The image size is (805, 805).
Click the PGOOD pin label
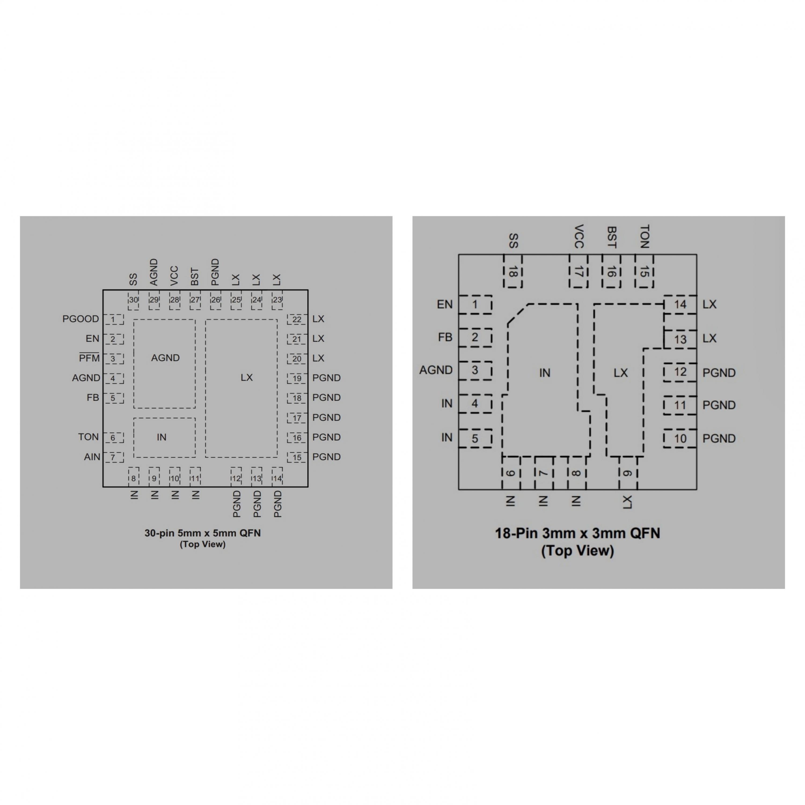[80, 319]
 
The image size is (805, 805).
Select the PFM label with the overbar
[89, 357]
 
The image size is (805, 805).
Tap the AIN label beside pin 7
[92, 457]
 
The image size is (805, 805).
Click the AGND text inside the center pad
[165, 358]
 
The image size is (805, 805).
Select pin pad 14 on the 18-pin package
[680, 305]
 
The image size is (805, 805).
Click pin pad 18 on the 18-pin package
[513, 271]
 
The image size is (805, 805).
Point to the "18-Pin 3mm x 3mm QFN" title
[577, 533]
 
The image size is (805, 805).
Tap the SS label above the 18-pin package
[514, 241]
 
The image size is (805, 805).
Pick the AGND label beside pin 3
[436, 370]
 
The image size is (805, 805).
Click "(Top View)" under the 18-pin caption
[577, 551]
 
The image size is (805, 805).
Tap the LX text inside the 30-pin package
[247, 378]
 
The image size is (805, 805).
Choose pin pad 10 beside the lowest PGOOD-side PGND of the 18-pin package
[680, 439]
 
